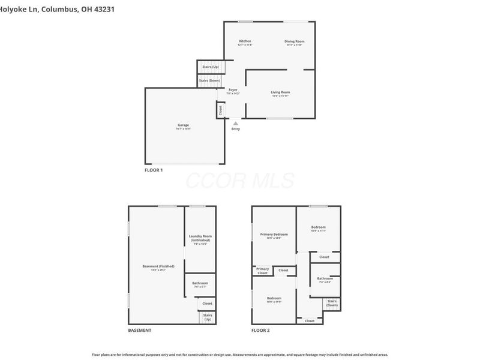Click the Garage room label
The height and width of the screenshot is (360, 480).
coord(183,125)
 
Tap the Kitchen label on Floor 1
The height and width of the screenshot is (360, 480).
coord(245,41)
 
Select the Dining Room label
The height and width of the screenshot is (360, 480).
coord(294,41)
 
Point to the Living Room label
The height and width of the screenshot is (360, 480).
coord(280,92)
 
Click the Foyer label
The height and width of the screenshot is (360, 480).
coord(233,90)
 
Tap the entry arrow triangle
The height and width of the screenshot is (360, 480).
coord(235,123)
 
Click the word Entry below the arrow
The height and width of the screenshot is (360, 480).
coord(235,129)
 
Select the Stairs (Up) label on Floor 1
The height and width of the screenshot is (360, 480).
coord(211,67)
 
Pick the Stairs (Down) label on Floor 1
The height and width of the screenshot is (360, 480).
coord(211,80)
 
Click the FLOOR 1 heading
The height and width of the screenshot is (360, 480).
coord(154,170)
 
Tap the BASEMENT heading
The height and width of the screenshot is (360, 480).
coord(140,331)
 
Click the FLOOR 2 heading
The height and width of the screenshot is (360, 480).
coord(260,331)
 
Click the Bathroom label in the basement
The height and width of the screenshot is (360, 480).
coord(200,283)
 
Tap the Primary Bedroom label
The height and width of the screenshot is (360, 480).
coord(274,234)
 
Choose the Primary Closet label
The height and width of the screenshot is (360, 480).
coord(262,271)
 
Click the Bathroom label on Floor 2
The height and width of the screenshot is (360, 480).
coord(325,278)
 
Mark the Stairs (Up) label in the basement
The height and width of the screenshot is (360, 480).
coord(208,317)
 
